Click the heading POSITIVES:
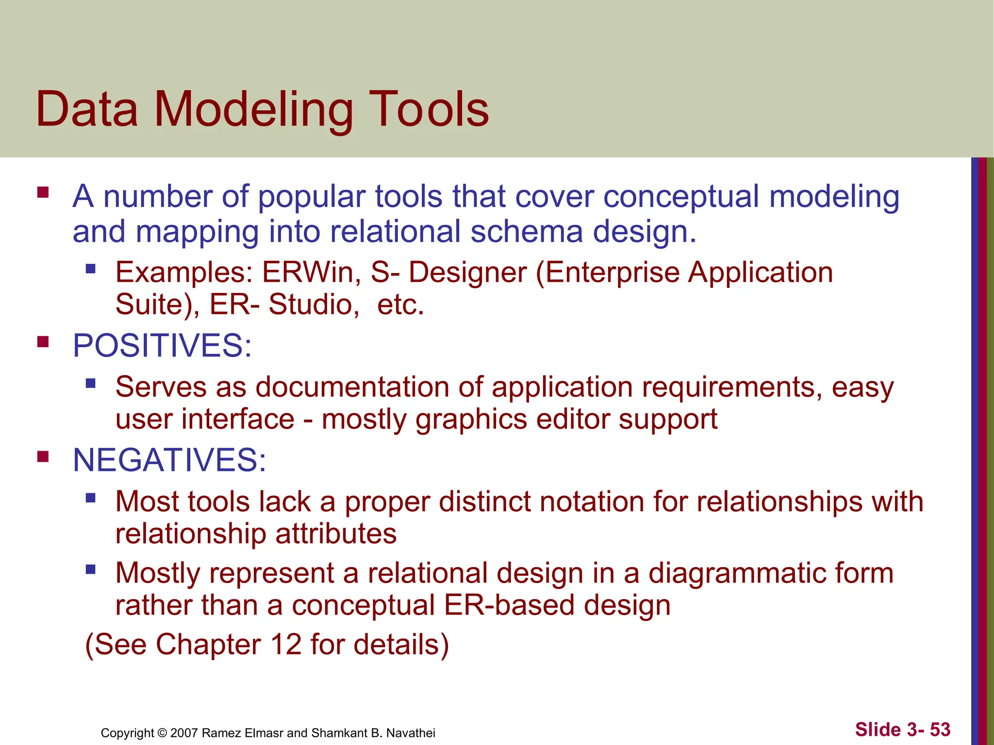[x=162, y=345]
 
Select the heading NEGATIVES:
[x=169, y=460]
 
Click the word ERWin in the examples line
[x=311, y=272]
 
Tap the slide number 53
[x=940, y=729]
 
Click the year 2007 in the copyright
[x=184, y=733]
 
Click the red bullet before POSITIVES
[x=43, y=342]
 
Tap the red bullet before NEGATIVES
[x=43, y=457]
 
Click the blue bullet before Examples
[x=90, y=269]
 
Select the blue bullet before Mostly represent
[x=90, y=569]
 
